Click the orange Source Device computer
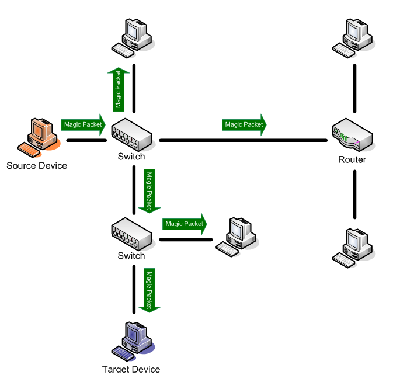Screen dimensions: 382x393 pos(39,138)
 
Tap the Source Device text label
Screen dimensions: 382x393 pos(37,165)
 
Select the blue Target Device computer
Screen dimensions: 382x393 pos(133,339)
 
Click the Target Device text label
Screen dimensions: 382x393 pos(131,369)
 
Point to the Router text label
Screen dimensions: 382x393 pos(352,159)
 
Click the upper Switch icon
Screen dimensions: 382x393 pos(132,134)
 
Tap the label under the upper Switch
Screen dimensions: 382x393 pos(131,157)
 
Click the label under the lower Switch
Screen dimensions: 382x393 pos(131,256)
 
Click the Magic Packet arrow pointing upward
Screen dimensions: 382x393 pos(119,89)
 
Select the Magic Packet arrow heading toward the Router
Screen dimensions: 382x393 pos(245,124)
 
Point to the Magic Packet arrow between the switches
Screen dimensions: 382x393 pos(149,190)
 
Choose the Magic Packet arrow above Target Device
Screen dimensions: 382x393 pos(149,290)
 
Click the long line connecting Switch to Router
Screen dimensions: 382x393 pos(243,140)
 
